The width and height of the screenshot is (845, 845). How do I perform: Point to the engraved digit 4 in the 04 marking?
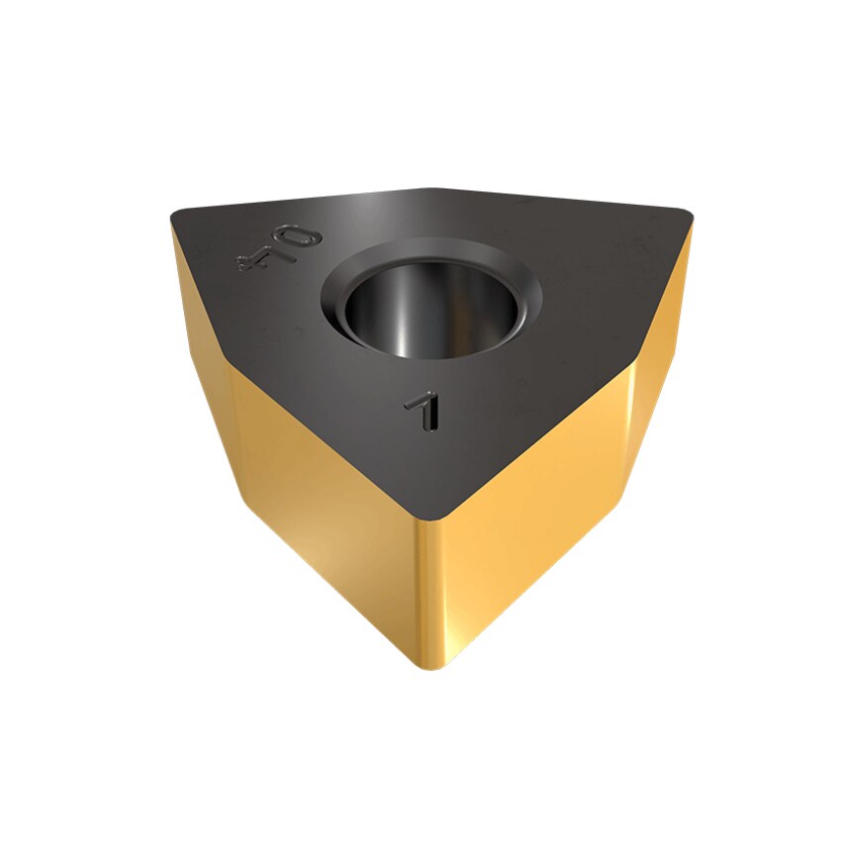(x=254, y=259)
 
